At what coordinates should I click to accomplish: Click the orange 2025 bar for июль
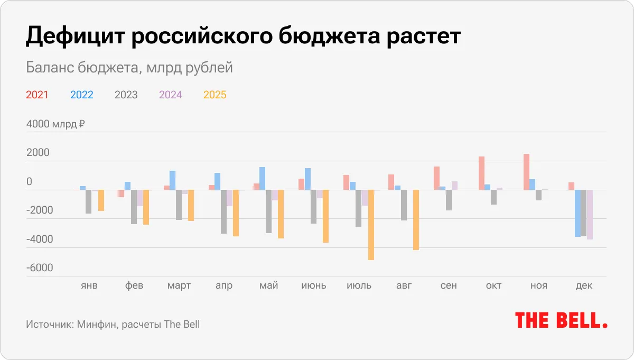(371, 225)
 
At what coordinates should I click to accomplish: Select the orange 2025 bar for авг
(416, 220)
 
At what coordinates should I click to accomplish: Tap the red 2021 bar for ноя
(526, 172)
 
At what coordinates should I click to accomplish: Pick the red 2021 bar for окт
(481, 173)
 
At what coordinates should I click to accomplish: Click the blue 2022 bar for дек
(577, 213)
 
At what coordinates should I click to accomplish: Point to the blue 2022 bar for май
(262, 179)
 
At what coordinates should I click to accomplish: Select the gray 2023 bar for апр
(223, 211)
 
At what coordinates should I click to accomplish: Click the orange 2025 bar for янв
(101, 200)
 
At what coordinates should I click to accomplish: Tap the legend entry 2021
(37, 95)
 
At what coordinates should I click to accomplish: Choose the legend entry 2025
(215, 95)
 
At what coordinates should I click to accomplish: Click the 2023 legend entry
(126, 95)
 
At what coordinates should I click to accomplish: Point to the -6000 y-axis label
(40, 268)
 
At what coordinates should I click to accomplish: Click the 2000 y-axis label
(38, 153)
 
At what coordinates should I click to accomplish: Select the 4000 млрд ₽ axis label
(55, 125)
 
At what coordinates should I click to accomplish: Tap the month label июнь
(314, 285)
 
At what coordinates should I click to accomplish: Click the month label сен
(449, 285)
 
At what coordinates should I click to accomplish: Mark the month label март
(179, 285)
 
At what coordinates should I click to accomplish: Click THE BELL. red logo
(561, 320)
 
